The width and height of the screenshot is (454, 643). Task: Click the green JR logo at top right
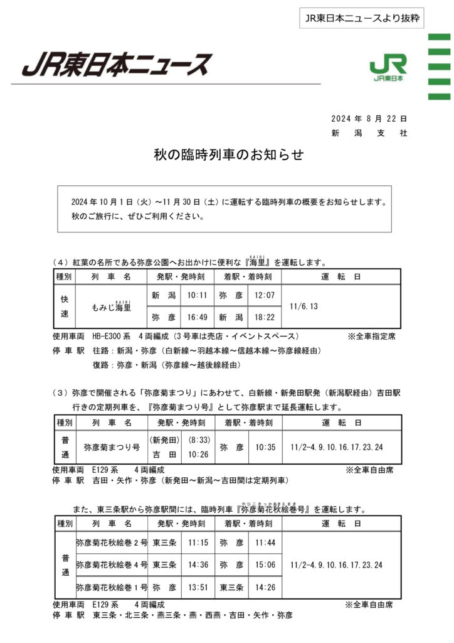(x=388, y=68)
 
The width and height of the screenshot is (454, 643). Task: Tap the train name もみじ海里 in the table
(x=111, y=307)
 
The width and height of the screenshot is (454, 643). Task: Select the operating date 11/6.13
(x=305, y=306)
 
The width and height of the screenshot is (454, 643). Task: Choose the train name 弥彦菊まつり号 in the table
(x=111, y=448)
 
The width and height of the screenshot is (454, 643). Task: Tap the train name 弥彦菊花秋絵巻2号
(x=111, y=542)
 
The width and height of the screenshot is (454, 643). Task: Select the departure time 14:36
(x=198, y=565)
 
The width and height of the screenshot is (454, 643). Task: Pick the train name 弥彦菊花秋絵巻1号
(x=111, y=588)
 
